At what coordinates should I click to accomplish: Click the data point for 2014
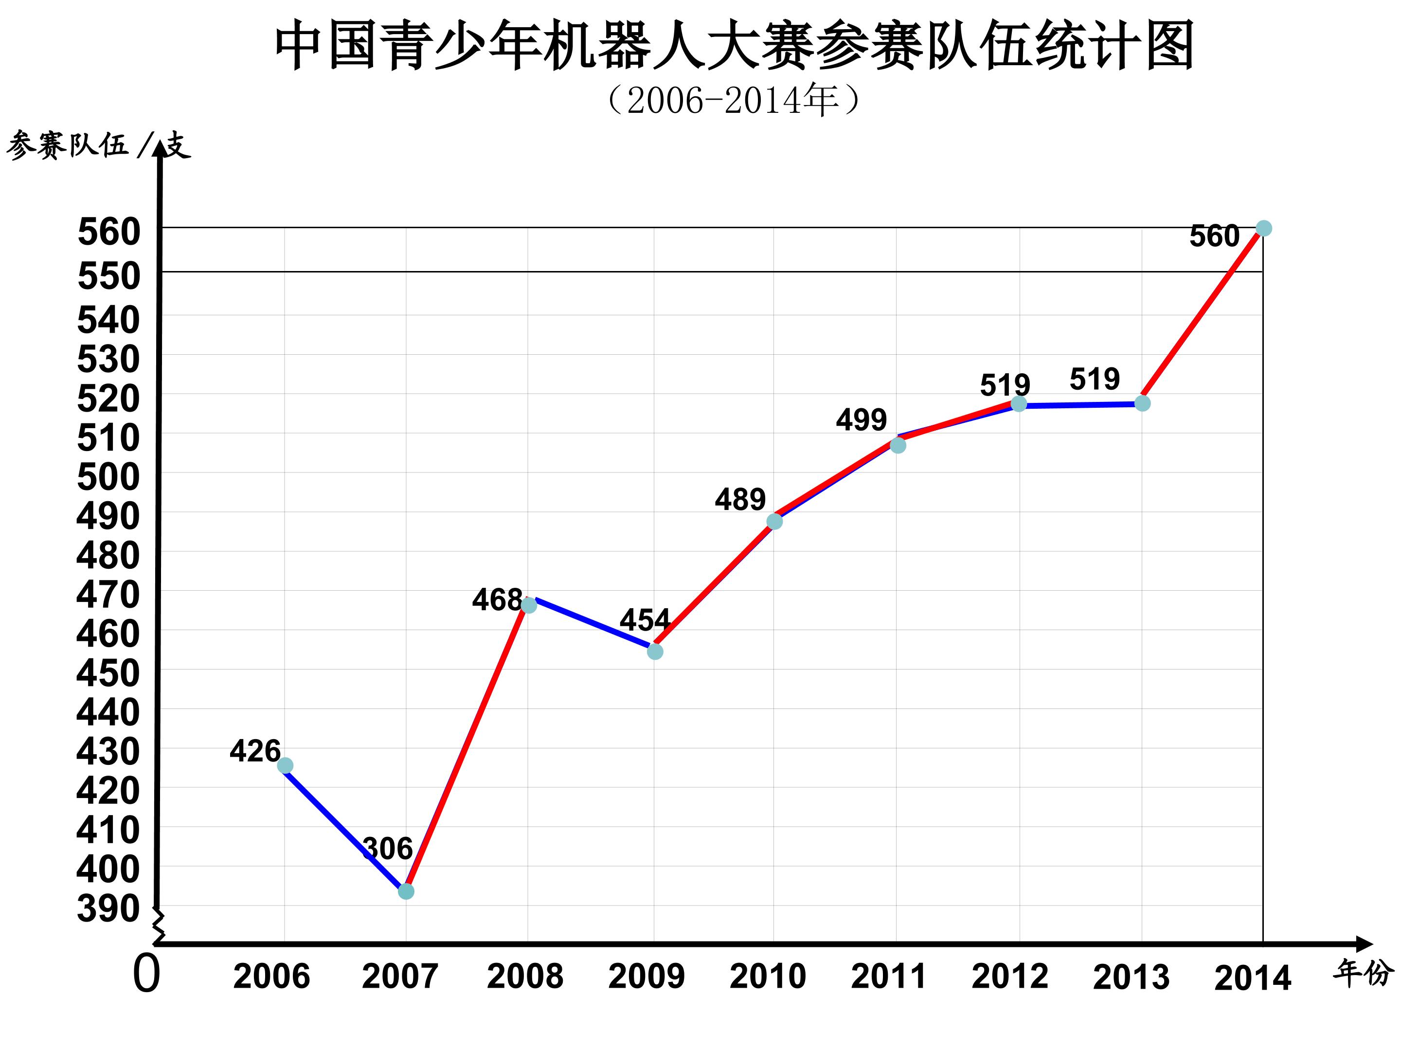tap(1263, 228)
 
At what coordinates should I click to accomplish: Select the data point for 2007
tap(406, 891)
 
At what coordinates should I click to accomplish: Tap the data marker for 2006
tap(285, 766)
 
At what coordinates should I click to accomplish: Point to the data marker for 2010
tap(774, 522)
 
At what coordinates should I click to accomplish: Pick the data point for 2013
tap(1142, 403)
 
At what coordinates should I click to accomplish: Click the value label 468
tap(497, 599)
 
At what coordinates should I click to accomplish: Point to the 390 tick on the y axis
tap(108, 908)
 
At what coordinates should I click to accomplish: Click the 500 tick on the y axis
tap(108, 476)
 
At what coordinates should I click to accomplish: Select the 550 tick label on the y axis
tap(108, 276)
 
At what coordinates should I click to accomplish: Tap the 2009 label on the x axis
tap(646, 976)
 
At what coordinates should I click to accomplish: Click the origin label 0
tap(146, 974)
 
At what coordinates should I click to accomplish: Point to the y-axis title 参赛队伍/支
tap(98, 145)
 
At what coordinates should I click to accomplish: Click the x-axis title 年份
tap(1363, 973)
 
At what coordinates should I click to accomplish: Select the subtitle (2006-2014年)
tap(734, 100)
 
